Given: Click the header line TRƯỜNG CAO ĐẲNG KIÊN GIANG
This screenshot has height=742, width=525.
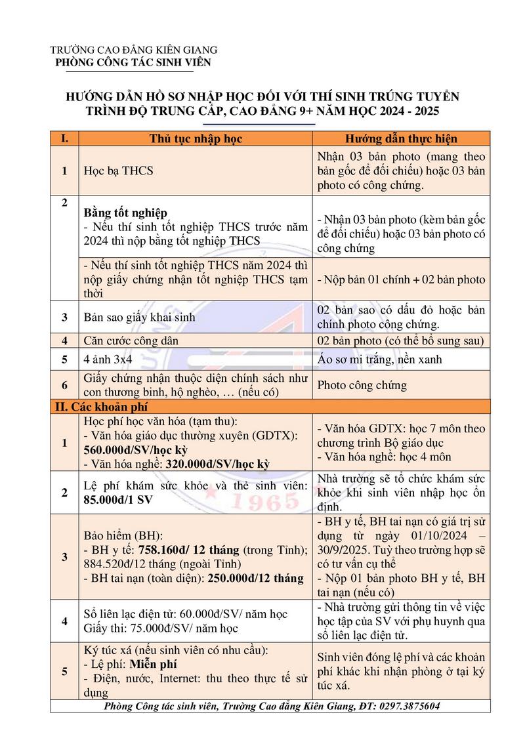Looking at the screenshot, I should pyautogui.click(x=134, y=50).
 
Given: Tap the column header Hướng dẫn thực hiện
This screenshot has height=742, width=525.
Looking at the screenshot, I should pyautogui.click(x=401, y=138).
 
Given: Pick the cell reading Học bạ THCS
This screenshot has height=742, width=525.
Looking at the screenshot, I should pyautogui.click(x=118, y=171).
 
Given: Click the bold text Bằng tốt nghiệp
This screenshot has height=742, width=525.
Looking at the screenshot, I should pyautogui.click(x=126, y=213).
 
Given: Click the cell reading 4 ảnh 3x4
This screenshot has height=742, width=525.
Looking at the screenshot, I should pyautogui.click(x=109, y=359).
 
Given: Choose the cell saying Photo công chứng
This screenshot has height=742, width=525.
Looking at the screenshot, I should pyautogui.click(x=362, y=385).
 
